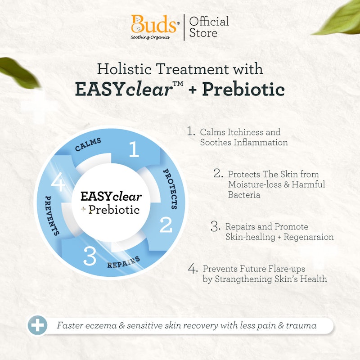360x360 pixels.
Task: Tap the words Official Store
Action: [209, 27]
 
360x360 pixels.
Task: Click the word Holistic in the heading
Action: [124, 69]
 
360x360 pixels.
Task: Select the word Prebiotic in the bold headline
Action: [243, 89]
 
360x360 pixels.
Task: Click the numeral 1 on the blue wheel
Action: [134, 149]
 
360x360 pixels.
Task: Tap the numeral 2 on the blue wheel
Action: [166, 225]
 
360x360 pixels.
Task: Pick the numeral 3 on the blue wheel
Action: [90, 256]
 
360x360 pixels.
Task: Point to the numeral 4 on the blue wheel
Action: [58, 182]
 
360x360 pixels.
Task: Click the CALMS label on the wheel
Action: [88, 144]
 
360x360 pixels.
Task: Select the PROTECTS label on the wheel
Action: [171, 189]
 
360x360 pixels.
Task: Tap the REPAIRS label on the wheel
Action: [123, 262]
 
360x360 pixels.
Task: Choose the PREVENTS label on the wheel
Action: [52, 216]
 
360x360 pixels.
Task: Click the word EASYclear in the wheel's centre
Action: [111, 197]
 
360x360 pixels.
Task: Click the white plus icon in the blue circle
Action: [37, 325]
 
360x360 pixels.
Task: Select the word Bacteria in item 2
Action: [244, 195]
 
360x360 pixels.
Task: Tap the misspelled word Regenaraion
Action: [309, 237]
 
